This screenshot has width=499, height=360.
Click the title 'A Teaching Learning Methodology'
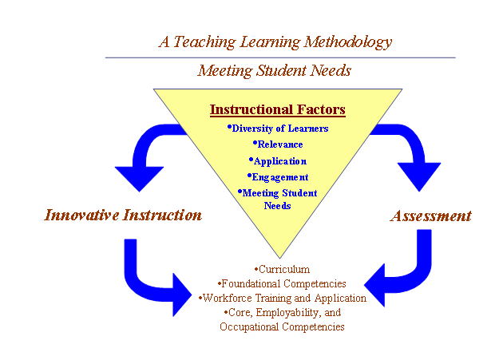point(275,42)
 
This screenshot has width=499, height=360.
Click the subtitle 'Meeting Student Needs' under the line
point(275,70)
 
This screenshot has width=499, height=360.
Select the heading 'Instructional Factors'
point(278,110)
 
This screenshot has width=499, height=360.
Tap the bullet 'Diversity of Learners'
point(278,129)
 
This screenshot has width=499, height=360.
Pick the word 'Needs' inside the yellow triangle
point(278,206)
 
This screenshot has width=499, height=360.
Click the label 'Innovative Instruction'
point(123,216)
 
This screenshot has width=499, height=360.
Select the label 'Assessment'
point(431,216)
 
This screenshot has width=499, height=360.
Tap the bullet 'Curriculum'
point(282,269)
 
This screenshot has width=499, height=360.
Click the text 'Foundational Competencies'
point(282,283)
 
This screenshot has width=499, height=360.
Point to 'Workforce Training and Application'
point(283,299)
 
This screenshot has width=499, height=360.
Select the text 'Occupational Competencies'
point(282,327)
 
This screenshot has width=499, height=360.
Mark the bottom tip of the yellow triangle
point(279,258)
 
